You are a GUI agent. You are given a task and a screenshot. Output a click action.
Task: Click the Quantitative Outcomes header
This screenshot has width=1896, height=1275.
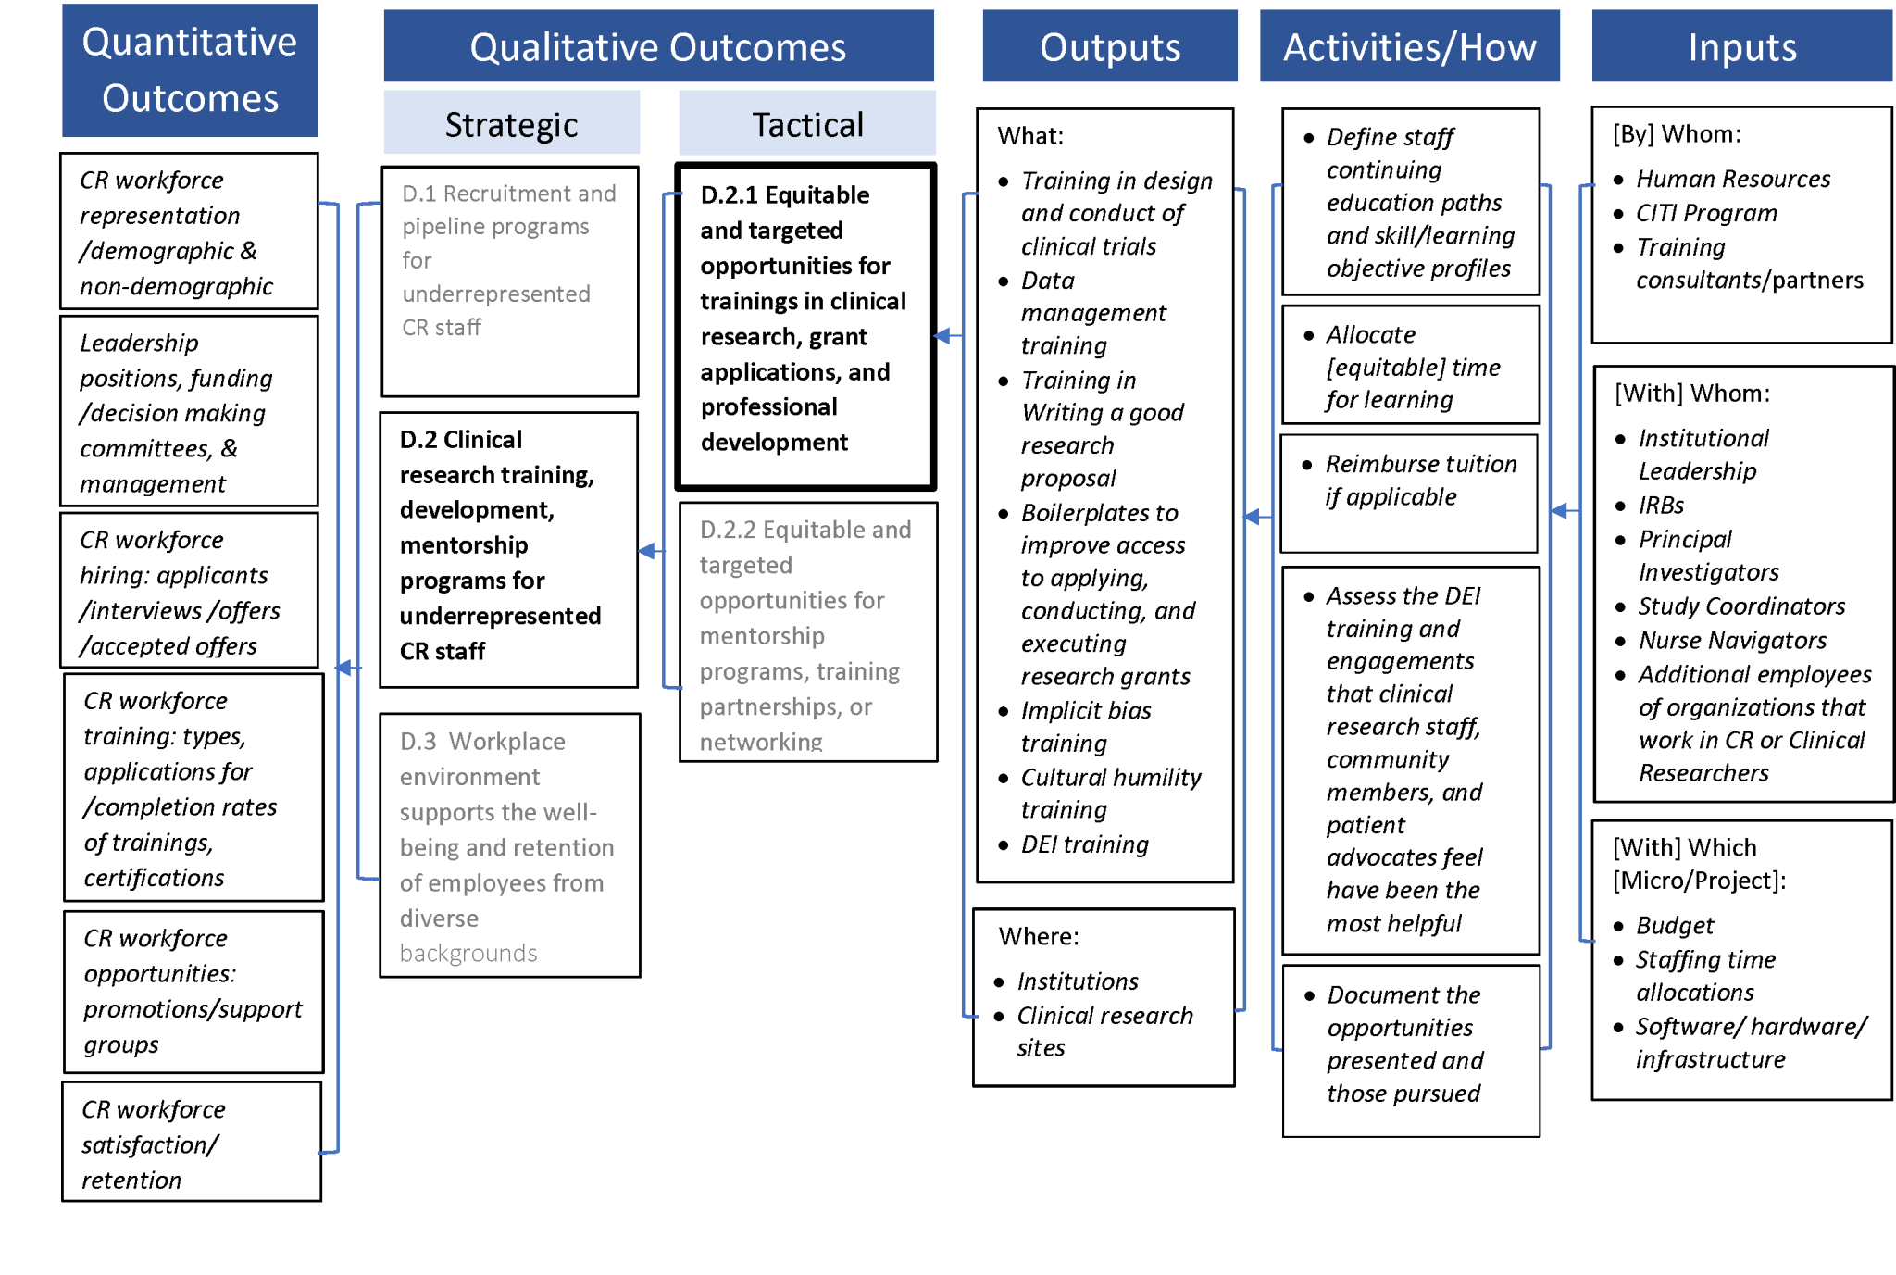pyautogui.click(x=190, y=70)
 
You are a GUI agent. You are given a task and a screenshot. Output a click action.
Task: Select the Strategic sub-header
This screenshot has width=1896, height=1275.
pyautogui.click(x=511, y=124)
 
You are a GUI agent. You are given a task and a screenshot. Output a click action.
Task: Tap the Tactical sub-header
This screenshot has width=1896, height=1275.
pyautogui.click(x=807, y=124)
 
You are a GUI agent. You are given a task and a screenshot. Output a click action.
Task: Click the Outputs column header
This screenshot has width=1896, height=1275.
pyautogui.click(x=1109, y=46)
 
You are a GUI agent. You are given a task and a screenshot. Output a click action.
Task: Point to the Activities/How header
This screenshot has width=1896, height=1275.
pyautogui.click(x=1409, y=46)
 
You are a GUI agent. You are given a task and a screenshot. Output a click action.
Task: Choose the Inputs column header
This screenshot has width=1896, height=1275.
pyautogui.click(x=1741, y=46)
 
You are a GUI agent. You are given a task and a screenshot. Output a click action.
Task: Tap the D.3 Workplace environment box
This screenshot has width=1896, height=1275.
pyautogui.click(x=509, y=844)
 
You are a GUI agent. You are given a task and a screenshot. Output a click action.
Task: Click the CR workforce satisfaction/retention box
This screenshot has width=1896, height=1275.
pyautogui.click(x=192, y=1143)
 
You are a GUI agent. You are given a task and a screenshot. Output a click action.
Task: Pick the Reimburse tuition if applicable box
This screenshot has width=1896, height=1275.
pyautogui.click(x=1409, y=493)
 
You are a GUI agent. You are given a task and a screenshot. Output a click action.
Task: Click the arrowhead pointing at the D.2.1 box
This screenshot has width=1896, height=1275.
pyautogui.click(x=942, y=335)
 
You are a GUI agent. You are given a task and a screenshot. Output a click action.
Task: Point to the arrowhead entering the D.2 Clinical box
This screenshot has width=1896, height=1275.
pyautogui.click(x=647, y=551)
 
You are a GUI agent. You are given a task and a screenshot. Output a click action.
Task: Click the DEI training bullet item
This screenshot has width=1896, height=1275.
pyautogui.click(x=1084, y=844)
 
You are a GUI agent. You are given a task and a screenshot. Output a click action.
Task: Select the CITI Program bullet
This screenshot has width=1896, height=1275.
pyautogui.click(x=1705, y=213)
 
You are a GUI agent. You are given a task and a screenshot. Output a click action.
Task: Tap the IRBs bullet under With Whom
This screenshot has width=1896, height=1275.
pyautogui.click(x=1661, y=506)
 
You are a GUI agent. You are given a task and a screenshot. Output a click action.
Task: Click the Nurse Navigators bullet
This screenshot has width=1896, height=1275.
pyautogui.click(x=1731, y=641)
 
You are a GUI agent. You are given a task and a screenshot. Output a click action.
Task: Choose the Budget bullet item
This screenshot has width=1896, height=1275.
pyautogui.click(x=1674, y=926)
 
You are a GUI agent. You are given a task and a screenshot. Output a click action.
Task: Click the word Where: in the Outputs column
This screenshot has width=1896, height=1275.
pyautogui.click(x=1039, y=936)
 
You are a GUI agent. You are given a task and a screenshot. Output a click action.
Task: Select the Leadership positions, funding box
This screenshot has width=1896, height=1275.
pyautogui.click(x=189, y=412)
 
